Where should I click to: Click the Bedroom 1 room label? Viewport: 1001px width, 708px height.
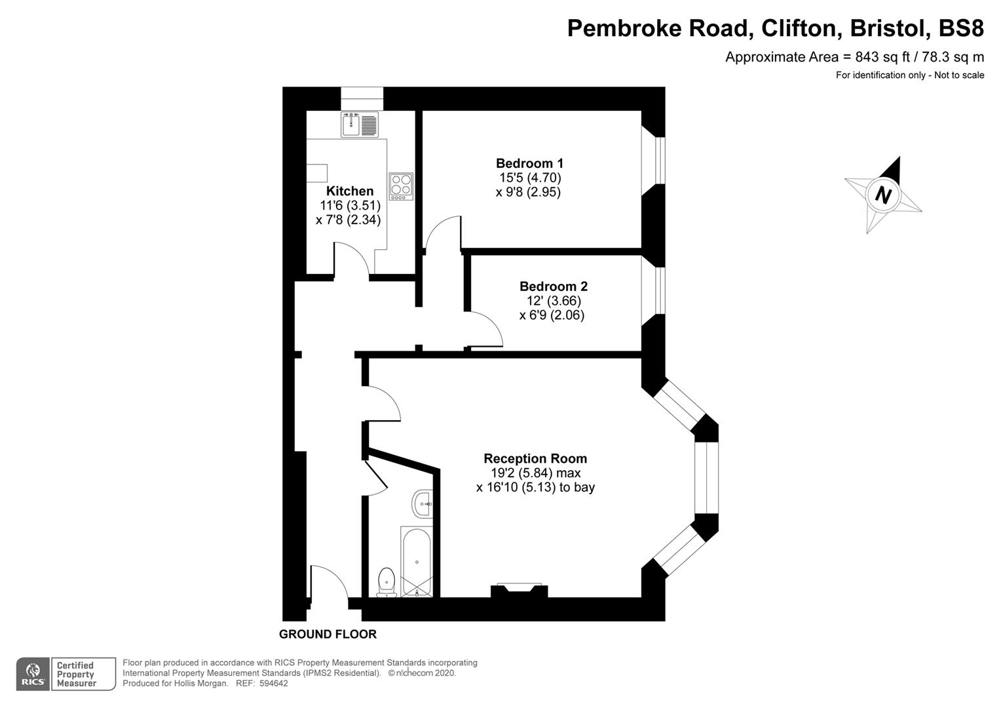(x=529, y=163)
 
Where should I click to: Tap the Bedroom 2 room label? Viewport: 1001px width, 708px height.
(x=553, y=286)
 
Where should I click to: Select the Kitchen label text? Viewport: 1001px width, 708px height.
(x=350, y=191)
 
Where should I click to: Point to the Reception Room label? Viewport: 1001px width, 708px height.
(x=535, y=458)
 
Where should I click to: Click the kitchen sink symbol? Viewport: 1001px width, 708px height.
(x=359, y=125)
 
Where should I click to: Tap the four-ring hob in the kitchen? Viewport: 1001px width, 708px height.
(x=401, y=186)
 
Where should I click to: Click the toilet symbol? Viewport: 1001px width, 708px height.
(x=387, y=582)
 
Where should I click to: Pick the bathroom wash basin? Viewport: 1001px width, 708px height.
(x=423, y=504)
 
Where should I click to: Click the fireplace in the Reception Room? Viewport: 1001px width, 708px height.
(x=519, y=590)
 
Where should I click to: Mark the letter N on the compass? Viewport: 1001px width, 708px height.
(x=884, y=195)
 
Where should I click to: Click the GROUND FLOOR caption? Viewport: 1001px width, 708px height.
(x=328, y=634)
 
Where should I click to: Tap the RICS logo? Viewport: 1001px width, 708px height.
(x=33, y=674)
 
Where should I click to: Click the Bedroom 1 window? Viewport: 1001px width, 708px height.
(x=660, y=162)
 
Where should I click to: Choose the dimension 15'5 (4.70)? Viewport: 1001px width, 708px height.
(x=530, y=178)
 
